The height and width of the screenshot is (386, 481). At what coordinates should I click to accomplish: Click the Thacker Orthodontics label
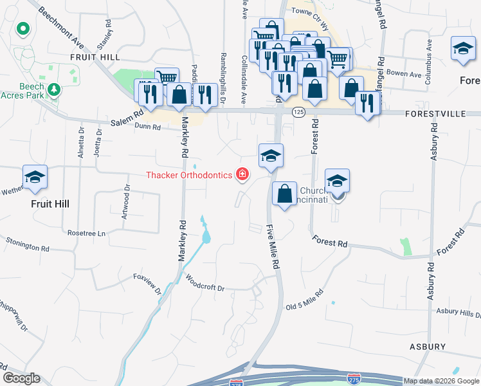point(190,175)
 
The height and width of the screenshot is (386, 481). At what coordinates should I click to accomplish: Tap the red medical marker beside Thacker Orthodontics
point(242,174)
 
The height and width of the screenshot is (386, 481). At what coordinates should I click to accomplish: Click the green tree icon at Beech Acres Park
point(55,89)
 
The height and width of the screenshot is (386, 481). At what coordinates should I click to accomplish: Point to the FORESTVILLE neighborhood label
point(435,113)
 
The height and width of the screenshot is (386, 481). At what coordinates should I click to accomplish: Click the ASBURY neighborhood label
point(428,347)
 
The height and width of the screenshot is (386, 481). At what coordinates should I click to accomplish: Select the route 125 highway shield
point(298,112)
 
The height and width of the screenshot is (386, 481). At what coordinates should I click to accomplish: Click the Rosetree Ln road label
point(86,233)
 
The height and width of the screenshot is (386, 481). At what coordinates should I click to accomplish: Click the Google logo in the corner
point(21,378)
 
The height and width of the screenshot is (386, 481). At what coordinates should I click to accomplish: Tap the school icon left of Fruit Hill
point(35,177)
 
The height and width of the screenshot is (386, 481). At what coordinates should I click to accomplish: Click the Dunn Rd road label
point(147,127)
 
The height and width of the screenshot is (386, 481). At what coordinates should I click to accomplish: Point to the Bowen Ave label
point(405,74)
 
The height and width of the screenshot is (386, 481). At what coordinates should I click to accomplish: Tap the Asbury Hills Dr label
point(458,313)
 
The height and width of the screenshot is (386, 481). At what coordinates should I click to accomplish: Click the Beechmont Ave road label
point(62,30)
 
